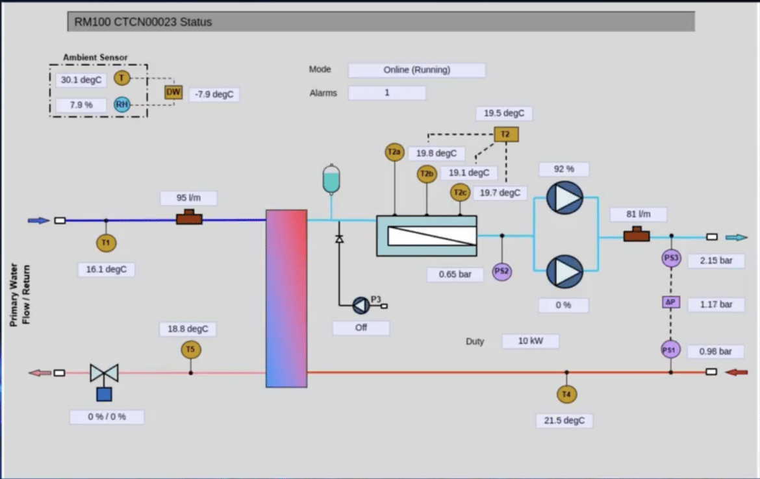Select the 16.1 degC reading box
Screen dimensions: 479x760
tap(107, 269)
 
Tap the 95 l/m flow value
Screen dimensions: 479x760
tap(189, 198)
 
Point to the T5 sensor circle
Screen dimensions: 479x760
tap(190, 350)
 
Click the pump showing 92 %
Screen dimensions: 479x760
tap(564, 198)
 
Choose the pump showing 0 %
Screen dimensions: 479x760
tap(564, 271)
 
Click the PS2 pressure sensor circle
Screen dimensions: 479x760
tap(501, 271)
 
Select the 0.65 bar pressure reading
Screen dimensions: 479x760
tap(455, 275)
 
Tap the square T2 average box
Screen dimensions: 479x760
tap(506, 134)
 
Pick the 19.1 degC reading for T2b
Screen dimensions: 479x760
tap(469, 173)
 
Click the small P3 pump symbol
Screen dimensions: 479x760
tap(361, 305)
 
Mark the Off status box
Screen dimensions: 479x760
tap(361, 328)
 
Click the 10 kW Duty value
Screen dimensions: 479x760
tap(530, 341)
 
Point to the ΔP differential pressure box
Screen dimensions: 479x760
tap(670, 302)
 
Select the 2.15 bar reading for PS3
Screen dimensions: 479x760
tap(716, 260)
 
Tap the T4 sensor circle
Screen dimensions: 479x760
tap(566, 394)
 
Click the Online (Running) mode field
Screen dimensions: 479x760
tap(416, 70)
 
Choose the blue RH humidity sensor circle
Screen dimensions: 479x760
tap(121, 104)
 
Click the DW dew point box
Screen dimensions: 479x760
tap(173, 92)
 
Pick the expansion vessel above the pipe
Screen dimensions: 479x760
tap(331, 180)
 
